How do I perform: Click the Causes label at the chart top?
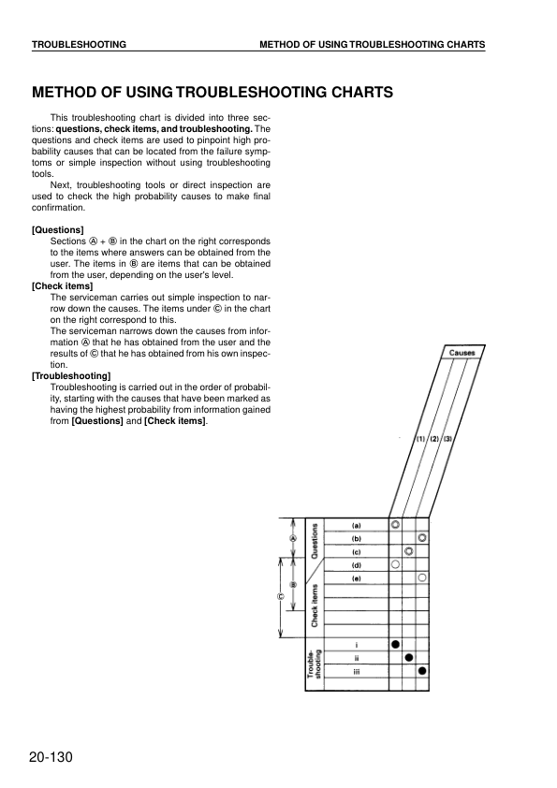(x=462, y=353)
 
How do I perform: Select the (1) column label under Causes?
(x=422, y=439)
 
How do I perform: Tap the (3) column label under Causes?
(x=448, y=439)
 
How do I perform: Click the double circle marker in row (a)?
(x=396, y=525)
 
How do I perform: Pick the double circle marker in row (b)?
(x=423, y=538)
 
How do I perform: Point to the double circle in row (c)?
(x=409, y=551)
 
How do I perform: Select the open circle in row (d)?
(x=396, y=565)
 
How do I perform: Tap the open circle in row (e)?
(x=423, y=578)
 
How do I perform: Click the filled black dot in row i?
(x=396, y=644)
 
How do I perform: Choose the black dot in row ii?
(x=409, y=657)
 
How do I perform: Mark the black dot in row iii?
(x=423, y=671)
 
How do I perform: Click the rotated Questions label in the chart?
(x=315, y=541)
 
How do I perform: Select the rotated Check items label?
(x=315, y=604)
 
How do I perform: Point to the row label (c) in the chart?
(x=357, y=551)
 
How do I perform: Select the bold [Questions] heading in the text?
(x=58, y=230)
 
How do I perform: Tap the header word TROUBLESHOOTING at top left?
(x=80, y=45)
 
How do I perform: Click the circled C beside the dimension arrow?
(x=279, y=596)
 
